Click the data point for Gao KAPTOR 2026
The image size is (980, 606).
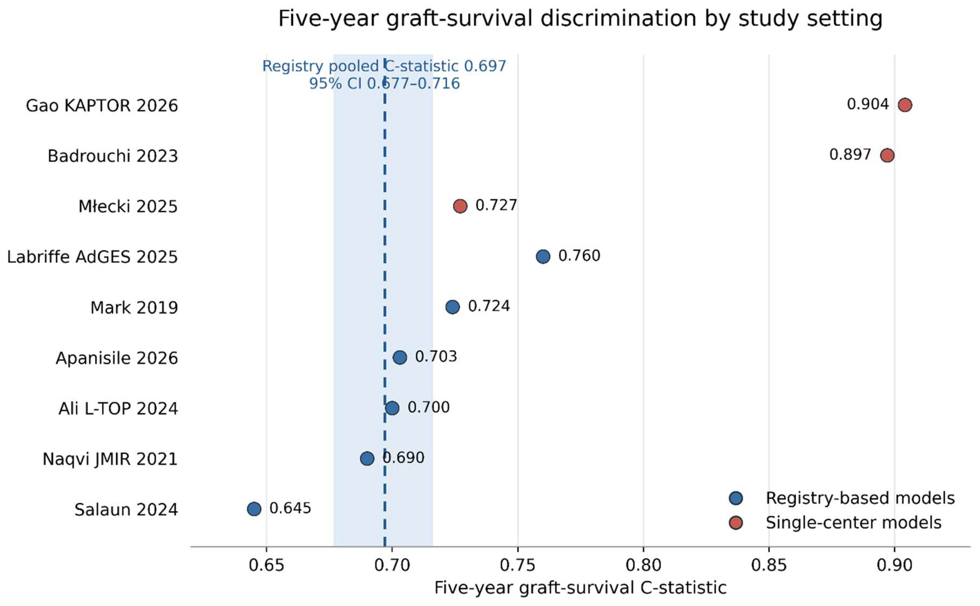point(905,105)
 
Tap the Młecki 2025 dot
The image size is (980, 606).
point(460,206)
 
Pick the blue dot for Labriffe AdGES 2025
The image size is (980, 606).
point(543,256)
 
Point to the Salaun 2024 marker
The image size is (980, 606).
point(254,509)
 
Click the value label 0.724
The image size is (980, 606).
point(489,306)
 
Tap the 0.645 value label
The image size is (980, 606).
point(290,508)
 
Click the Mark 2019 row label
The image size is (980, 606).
point(134,308)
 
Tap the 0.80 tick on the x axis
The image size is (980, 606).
point(643,565)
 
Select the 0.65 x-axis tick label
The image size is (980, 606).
point(266,565)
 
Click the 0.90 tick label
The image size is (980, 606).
point(894,565)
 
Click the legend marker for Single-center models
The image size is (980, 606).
point(736,523)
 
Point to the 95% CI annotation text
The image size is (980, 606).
point(385,83)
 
